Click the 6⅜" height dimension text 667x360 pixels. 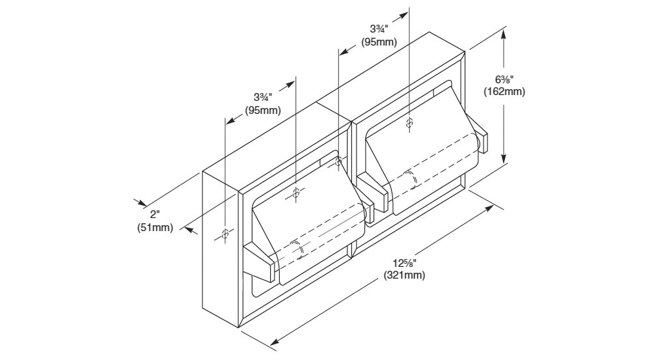pyautogui.click(x=504, y=79)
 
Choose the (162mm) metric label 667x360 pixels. pyautogui.click(x=504, y=92)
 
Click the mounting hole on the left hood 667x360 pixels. pyautogui.click(x=296, y=192)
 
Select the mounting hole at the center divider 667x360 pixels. pyautogui.click(x=338, y=161)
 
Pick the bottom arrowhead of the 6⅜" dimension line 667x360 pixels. pyautogui.click(x=504, y=161)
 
